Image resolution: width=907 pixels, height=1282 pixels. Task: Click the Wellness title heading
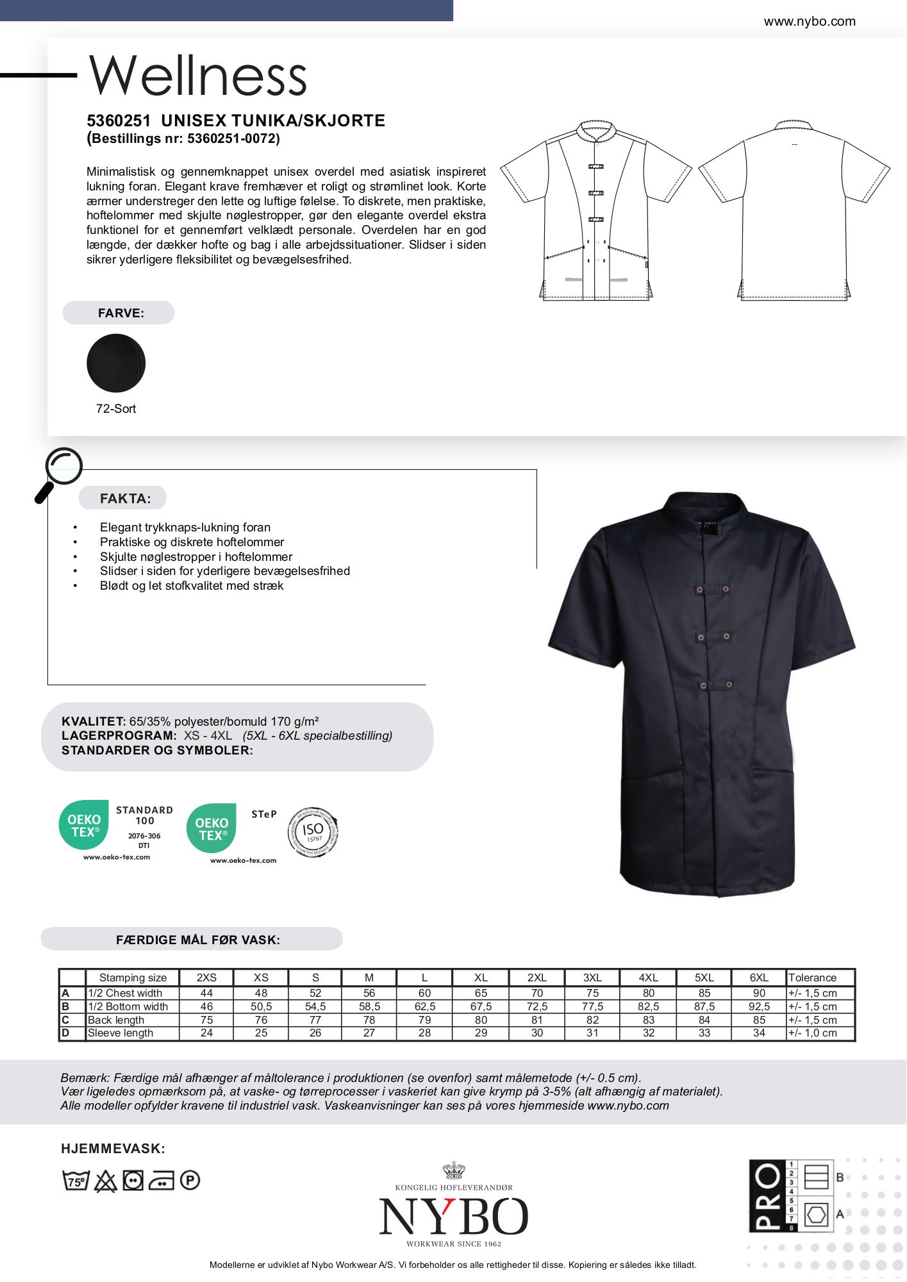197,76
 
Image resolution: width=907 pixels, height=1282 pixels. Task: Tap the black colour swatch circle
116,363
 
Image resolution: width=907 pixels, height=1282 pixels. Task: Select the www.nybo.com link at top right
809,21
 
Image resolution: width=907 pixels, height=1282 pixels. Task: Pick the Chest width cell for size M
369,993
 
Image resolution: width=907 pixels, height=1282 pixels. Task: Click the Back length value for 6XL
759,1020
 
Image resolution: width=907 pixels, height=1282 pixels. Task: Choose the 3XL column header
592,978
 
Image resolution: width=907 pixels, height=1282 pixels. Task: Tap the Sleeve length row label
121,1033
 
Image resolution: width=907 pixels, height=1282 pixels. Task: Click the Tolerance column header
812,978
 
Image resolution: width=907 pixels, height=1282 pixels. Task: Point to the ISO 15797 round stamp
313,833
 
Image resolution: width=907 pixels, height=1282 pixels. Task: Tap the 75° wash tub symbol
76,1181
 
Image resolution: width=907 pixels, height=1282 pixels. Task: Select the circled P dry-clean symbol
190,1180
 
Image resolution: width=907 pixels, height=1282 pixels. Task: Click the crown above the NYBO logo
453,1170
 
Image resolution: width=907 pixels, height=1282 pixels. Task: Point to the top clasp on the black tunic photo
712,588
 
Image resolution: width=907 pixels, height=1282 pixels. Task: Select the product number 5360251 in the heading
119,121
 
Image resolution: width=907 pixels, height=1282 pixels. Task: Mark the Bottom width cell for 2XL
537,1006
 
